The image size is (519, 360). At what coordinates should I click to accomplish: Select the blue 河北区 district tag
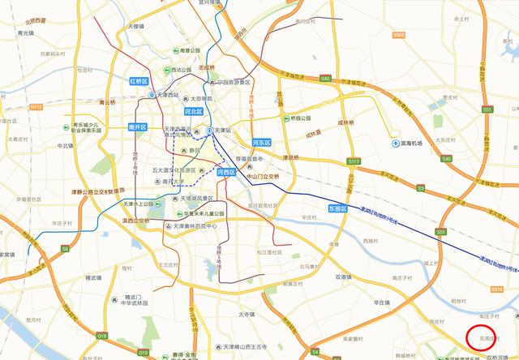(x=193, y=111)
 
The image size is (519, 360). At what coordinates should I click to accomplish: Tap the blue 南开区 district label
(x=137, y=127)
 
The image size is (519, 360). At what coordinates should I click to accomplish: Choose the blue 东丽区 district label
(x=337, y=208)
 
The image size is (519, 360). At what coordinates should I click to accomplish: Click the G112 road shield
(x=36, y=106)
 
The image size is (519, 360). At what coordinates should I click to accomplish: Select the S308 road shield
(x=398, y=36)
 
